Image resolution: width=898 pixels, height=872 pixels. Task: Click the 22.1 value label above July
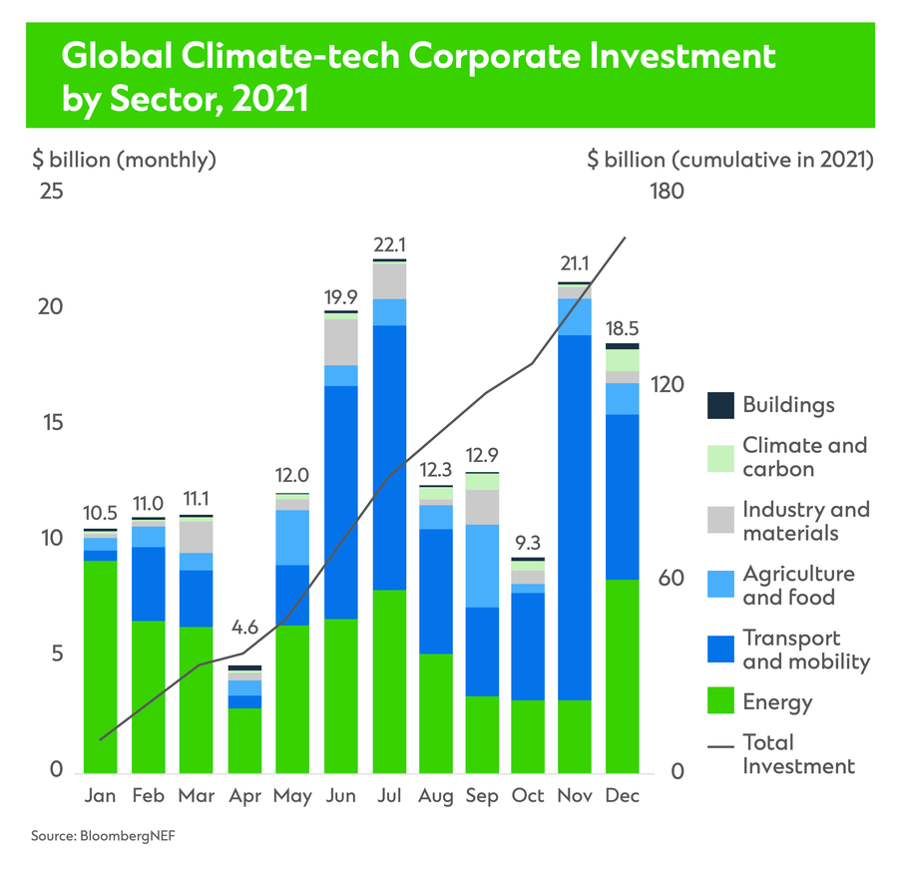tap(389, 244)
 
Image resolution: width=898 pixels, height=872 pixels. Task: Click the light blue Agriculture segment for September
tap(483, 565)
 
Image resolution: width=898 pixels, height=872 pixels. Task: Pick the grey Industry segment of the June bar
tap(341, 341)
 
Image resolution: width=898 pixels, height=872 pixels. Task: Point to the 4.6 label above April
tap(244, 629)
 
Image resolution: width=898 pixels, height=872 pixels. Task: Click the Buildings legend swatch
tap(720, 405)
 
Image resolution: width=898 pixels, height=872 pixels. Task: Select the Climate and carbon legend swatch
tap(720, 457)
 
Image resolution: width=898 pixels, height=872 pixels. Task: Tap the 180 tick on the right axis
tap(666, 190)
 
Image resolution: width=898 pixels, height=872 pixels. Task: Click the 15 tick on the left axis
tap(49, 422)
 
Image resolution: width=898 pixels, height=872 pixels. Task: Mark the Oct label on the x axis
tap(528, 796)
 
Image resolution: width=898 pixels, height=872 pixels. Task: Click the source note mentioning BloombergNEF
tap(95, 835)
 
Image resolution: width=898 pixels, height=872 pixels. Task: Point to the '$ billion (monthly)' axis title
tap(126, 159)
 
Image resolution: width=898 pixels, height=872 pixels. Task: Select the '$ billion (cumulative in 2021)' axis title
tap(730, 159)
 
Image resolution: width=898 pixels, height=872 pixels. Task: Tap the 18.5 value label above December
tap(623, 328)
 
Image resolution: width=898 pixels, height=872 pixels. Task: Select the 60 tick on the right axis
tap(672, 578)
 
